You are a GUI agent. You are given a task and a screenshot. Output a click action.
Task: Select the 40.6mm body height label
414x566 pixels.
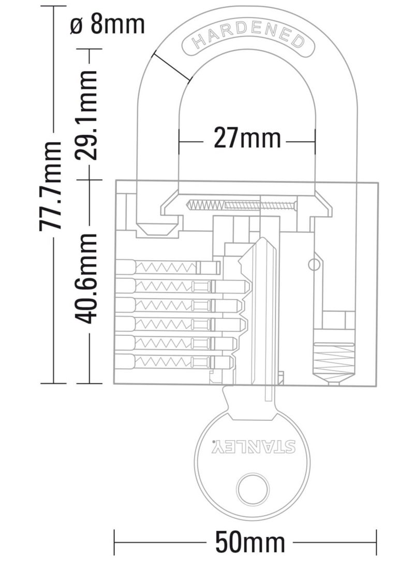86,278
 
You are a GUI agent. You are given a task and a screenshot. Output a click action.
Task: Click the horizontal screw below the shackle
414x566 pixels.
243,205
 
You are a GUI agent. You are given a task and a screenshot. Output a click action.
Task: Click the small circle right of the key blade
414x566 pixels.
312,265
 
